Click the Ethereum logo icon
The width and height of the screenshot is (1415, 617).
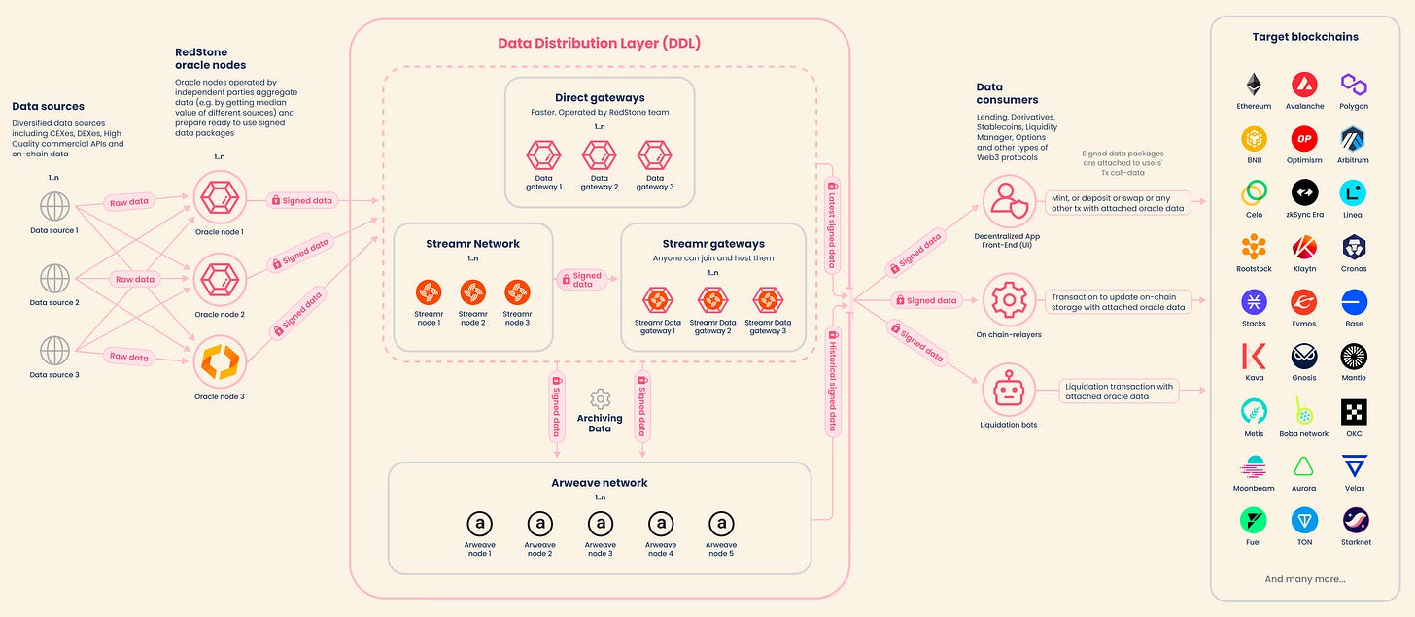click(1254, 84)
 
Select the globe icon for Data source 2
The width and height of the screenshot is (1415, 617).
click(54, 279)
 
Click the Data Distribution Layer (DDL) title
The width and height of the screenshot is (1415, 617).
click(599, 43)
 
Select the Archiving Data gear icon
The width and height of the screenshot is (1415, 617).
click(600, 398)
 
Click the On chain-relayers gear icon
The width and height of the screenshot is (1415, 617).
click(1009, 300)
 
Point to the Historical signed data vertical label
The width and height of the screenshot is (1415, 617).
click(832, 379)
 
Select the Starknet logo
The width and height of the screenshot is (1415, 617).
click(1355, 521)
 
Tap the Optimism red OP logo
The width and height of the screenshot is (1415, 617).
click(1304, 138)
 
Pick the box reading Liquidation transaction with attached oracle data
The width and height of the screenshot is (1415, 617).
click(1119, 391)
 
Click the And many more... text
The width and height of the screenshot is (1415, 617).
click(1304, 579)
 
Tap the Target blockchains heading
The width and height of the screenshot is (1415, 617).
click(1304, 37)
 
